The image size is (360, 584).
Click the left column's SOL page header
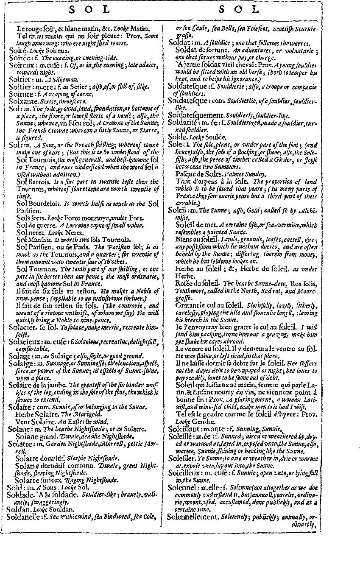click(x=89, y=9)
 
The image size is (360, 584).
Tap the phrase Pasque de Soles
click(x=196, y=174)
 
